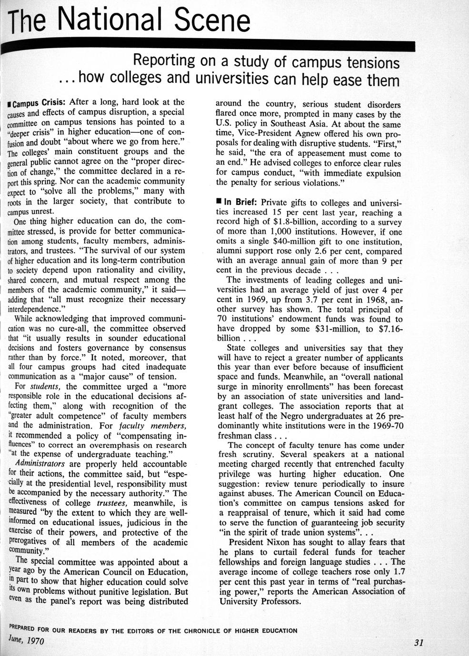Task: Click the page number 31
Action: pos(419,643)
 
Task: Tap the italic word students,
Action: pos(47,386)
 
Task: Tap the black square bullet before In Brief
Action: pos(219,202)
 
